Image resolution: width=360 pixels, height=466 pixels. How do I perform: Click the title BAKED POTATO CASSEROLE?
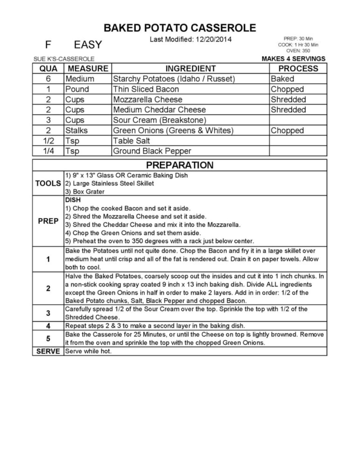point(180,28)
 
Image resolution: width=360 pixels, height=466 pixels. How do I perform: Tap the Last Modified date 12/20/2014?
point(191,40)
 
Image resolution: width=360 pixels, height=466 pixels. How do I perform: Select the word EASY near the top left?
point(88,45)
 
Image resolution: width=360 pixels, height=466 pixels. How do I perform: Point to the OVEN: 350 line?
point(298,50)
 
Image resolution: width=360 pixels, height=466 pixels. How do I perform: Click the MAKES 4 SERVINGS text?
point(293,59)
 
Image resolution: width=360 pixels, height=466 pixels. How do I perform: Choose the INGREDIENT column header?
point(190,68)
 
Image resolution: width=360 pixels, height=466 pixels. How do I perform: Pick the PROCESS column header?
point(298,68)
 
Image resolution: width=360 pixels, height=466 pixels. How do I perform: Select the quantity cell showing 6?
point(48,79)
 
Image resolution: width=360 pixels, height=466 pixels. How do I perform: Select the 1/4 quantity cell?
point(48,151)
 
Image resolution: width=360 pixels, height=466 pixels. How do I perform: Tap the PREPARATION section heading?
point(180,165)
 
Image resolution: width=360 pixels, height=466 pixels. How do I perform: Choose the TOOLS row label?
point(48,183)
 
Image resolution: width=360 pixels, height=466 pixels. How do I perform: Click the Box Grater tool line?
point(85,192)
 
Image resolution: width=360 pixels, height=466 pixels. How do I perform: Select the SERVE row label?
point(48,351)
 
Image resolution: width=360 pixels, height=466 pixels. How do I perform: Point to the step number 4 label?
point(48,326)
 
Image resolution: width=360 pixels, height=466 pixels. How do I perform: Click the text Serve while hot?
point(88,351)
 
